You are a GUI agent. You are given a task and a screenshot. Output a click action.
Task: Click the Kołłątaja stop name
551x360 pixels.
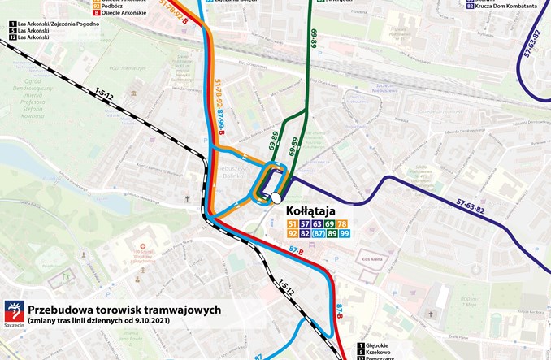(x=312, y=210)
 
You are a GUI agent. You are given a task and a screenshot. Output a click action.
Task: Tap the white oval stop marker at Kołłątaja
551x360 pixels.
(x=276, y=197)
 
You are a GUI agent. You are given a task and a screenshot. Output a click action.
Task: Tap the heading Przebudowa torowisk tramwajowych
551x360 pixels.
(x=124, y=310)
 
